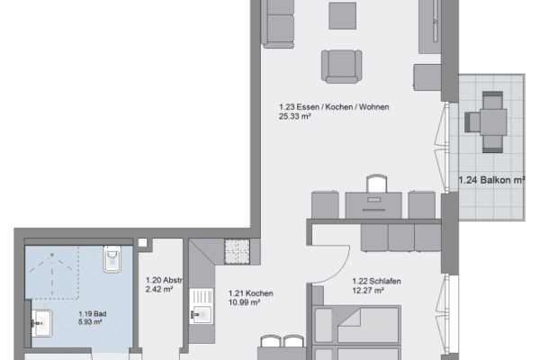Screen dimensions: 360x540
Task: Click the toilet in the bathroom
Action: click(112, 260)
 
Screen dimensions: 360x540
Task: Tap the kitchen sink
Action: click(201, 315)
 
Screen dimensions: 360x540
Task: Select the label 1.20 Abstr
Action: click(164, 280)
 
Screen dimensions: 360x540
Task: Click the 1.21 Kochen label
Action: click(249, 293)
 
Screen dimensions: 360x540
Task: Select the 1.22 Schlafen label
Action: click(375, 280)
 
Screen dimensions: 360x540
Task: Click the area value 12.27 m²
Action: click(369, 290)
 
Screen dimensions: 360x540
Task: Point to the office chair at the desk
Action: click(378, 184)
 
